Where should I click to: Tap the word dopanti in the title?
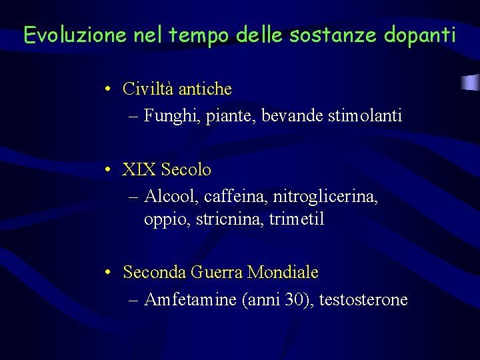[x=420, y=35]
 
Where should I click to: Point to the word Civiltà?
[x=148, y=89]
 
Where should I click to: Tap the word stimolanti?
[x=365, y=117]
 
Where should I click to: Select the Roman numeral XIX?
[x=137, y=170]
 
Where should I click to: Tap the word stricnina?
[x=230, y=219]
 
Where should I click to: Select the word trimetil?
[x=297, y=219]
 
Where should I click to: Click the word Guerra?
[x=217, y=273]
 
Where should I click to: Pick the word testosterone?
[x=363, y=300]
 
